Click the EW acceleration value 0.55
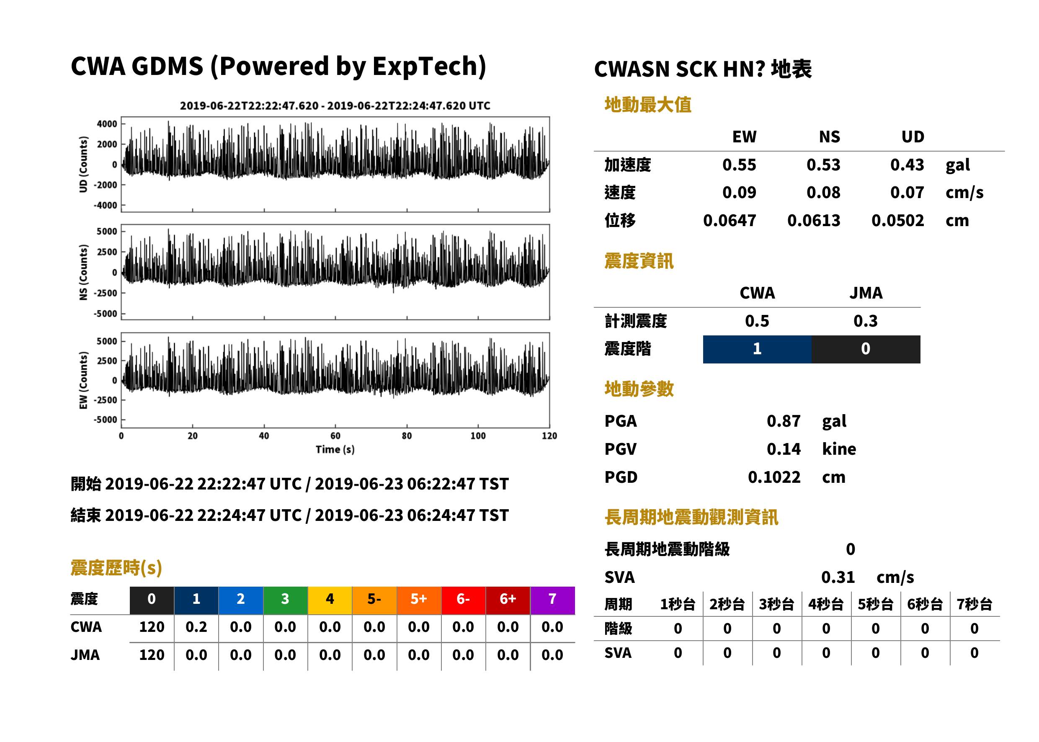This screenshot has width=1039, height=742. click(739, 165)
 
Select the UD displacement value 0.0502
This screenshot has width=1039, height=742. click(897, 221)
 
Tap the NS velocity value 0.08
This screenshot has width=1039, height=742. click(823, 193)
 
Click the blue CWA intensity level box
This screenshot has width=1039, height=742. click(757, 349)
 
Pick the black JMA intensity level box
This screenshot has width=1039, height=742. click(866, 349)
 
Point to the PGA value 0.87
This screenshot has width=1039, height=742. click(783, 421)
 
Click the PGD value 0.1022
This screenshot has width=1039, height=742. click(774, 477)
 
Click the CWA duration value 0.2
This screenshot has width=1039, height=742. click(196, 627)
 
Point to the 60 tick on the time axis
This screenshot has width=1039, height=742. click(335, 436)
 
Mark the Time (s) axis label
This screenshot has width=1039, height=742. click(335, 450)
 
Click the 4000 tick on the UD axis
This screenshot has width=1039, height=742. click(107, 124)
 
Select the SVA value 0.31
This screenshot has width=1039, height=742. click(838, 577)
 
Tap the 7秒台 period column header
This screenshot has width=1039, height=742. click(974, 605)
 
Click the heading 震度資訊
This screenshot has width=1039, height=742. click(639, 261)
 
